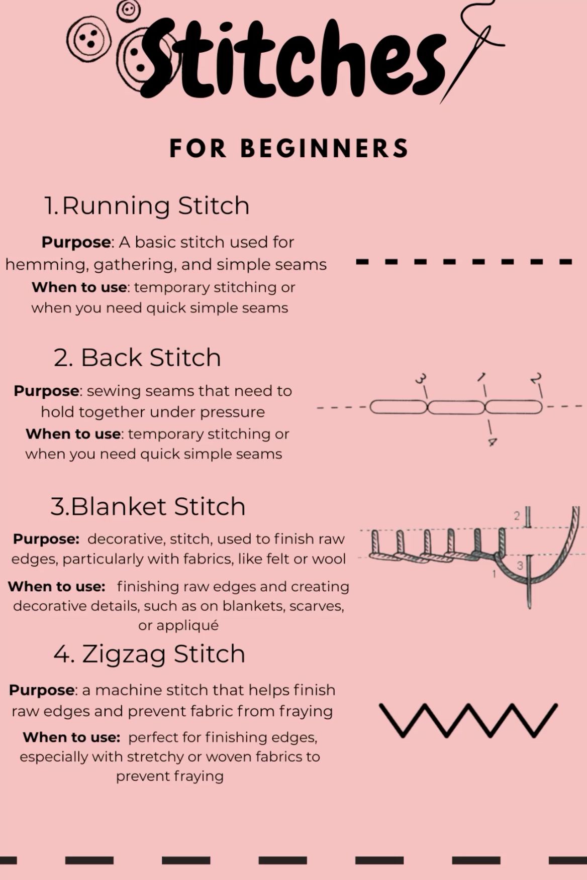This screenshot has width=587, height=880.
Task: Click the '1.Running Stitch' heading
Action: point(147,205)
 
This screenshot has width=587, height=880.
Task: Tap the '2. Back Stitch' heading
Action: point(137,358)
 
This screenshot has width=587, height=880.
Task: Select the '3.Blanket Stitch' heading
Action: point(148,506)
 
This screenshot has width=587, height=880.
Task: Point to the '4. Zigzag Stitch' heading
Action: point(149,654)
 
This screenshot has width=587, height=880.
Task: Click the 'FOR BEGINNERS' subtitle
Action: point(289,148)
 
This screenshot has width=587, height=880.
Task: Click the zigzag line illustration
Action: point(468,720)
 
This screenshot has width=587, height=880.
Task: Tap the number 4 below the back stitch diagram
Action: point(493,442)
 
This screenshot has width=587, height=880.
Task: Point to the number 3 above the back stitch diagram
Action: point(421,378)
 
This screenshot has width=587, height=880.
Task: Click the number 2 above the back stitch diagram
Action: point(536,378)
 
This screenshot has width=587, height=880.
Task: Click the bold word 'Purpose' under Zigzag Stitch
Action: point(42,690)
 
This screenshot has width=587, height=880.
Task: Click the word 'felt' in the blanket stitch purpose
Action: point(247,559)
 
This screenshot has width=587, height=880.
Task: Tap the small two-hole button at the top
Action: point(129,10)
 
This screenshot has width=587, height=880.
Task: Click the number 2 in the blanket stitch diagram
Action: point(517,516)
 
